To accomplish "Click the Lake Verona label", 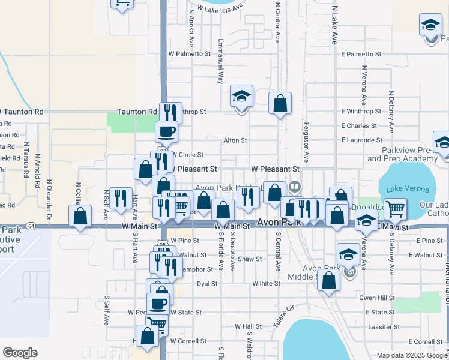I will point(408,189).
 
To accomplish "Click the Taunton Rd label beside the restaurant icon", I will point(137,112).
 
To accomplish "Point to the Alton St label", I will point(235,140).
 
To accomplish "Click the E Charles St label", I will point(358,126).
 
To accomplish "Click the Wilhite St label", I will point(267,283).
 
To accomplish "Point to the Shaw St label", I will point(250,259).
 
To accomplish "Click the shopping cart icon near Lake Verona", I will point(396,209).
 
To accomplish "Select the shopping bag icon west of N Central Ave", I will point(280,104).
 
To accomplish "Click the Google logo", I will point(20,353).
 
